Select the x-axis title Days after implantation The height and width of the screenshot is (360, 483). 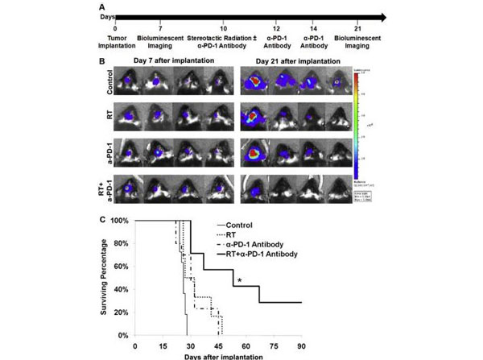point(217,355)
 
